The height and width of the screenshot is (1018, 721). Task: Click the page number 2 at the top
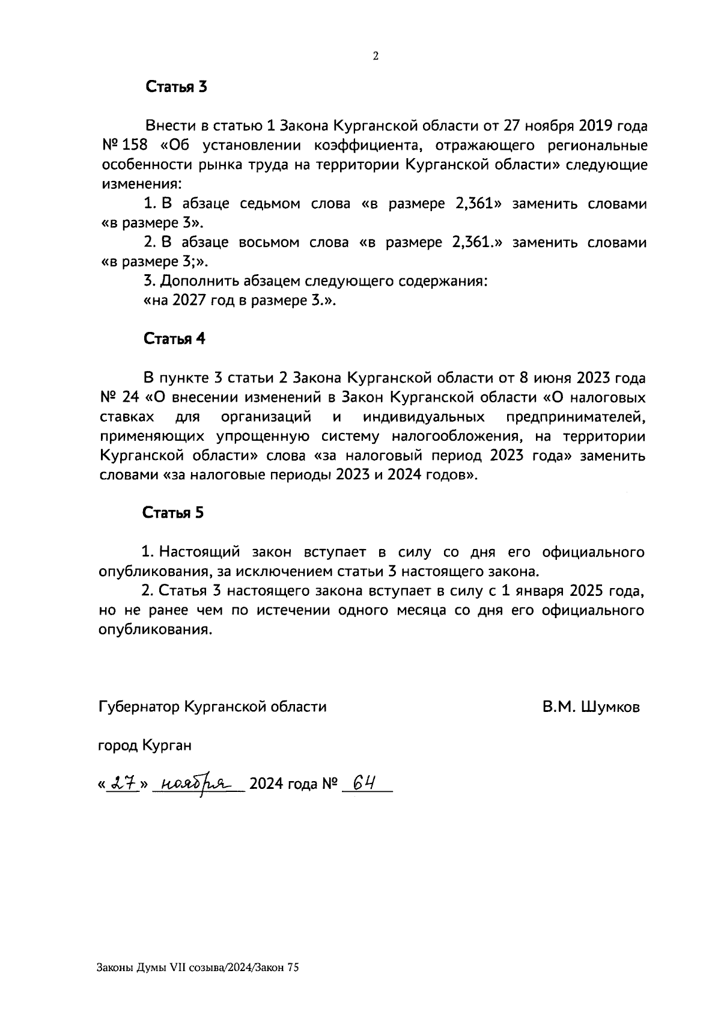pyautogui.click(x=376, y=57)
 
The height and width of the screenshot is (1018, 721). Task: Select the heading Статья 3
pyautogui.click(x=177, y=87)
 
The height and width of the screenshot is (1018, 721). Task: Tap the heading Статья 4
pyautogui.click(x=174, y=339)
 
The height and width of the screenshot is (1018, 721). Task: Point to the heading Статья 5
pyautogui.click(x=173, y=512)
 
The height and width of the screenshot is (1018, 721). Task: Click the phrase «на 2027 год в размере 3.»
pyautogui.click(x=239, y=301)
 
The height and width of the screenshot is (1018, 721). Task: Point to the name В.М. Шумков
pyautogui.click(x=591, y=707)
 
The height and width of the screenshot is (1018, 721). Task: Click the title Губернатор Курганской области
pyautogui.click(x=212, y=707)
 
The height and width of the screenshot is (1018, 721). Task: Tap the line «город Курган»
pyautogui.click(x=145, y=746)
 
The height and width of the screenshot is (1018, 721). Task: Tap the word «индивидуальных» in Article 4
pyautogui.click(x=424, y=417)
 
